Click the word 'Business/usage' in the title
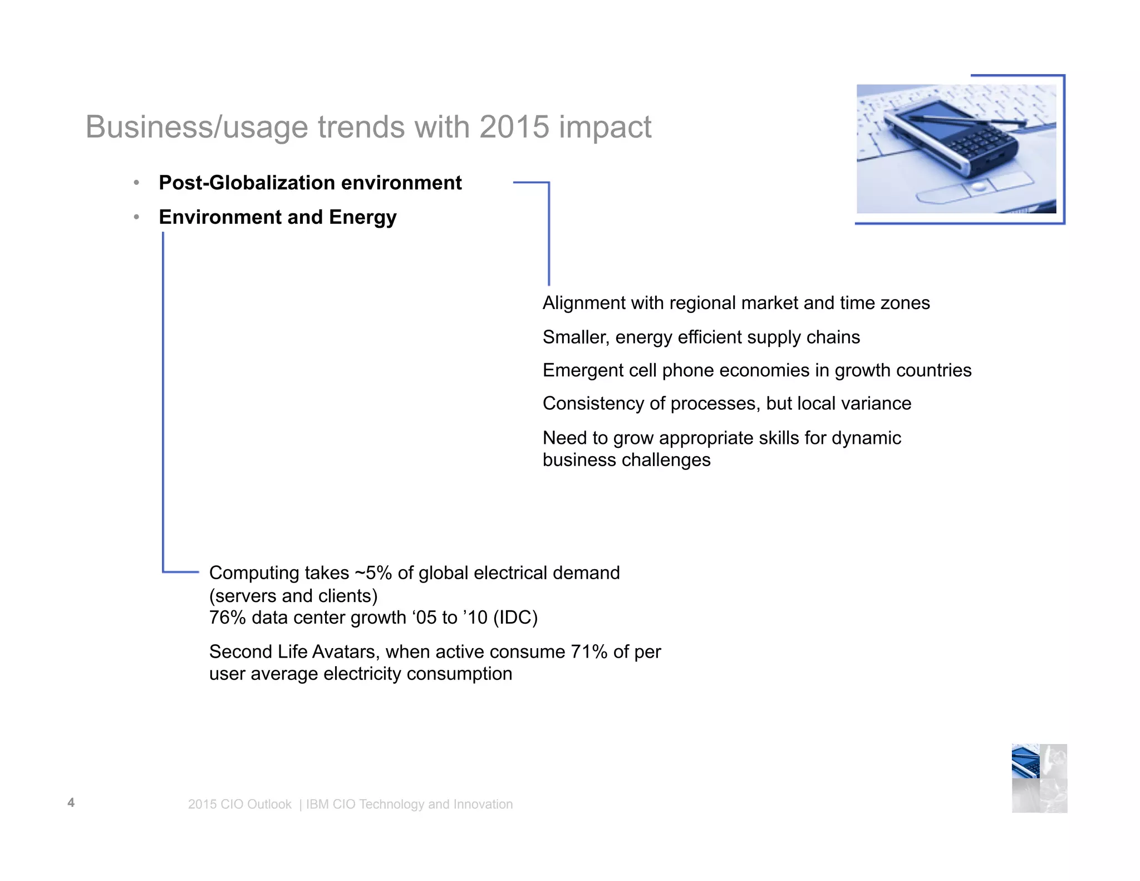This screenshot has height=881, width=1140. click(196, 128)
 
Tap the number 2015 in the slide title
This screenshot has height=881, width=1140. click(514, 127)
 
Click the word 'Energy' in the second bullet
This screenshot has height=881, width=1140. click(362, 217)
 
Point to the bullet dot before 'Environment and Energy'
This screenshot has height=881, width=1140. click(136, 217)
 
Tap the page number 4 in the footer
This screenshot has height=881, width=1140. click(71, 802)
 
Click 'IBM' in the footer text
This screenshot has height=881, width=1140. click(317, 804)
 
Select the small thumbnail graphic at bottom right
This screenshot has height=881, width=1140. click(1039, 778)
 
